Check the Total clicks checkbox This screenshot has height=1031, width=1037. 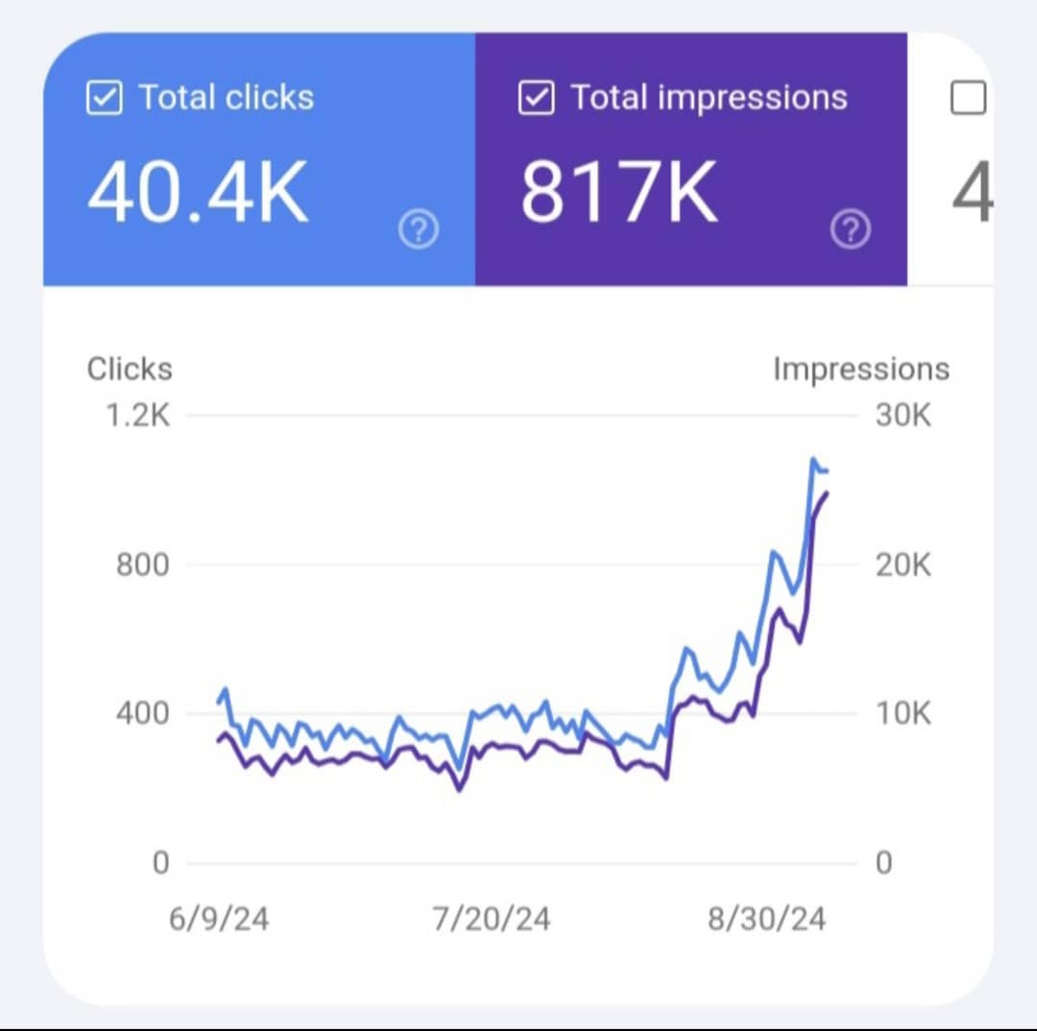(x=105, y=98)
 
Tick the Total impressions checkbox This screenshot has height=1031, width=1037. (x=536, y=98)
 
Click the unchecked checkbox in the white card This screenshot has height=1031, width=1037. (x=968, y=98)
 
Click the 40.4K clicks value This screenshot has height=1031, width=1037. (x=198, y=192)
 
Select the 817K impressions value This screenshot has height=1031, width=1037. (x=619, y=192)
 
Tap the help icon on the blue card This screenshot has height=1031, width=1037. (x=418, y=229)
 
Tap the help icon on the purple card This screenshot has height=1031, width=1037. (x=851, y=229)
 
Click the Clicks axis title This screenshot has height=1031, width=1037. (x=130, y=370)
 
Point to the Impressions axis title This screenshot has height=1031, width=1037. (x=861, y=370)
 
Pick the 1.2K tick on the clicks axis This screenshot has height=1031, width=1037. (x=138, y=417)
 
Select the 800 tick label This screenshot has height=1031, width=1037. (x=142, y=565)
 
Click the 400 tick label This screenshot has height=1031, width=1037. (x=142, y=713)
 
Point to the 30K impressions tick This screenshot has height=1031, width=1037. (x=903, y=417)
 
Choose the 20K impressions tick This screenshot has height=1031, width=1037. (x=903, y=565)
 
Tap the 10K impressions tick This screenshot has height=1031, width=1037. (x=903, y=713)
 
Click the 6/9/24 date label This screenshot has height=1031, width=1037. (x=219, y=919)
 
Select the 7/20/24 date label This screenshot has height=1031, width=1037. (x=492, y=919)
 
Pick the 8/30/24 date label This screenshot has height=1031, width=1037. (x=767, y=919)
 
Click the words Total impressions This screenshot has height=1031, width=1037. (x=709, y=98)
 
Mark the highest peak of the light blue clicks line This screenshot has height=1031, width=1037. (x=814, y=460)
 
